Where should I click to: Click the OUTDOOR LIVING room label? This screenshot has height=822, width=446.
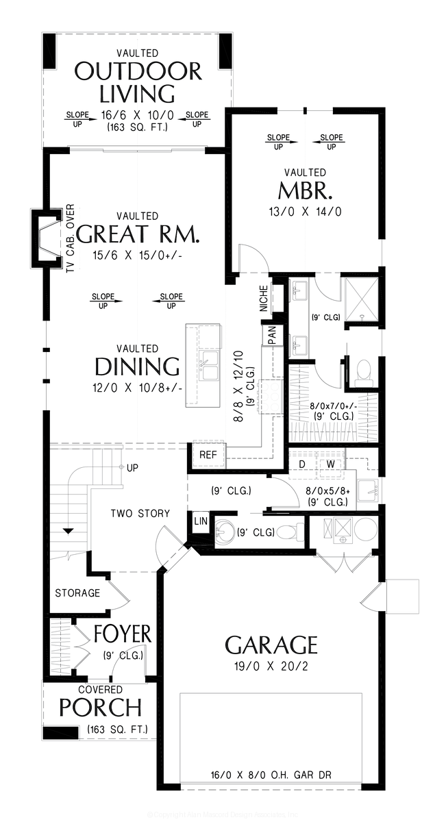point(138,82)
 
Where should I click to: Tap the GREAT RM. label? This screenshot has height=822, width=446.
point(138,234)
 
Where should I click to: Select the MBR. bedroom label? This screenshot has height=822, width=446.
point(306,190)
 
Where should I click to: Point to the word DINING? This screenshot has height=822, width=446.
point(137,366)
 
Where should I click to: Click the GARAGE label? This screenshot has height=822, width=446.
point(271,645)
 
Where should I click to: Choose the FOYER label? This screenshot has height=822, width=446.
point(123,634)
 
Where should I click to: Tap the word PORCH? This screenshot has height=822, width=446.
point(101,707)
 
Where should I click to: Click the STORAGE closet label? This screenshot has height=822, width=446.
point(77,593)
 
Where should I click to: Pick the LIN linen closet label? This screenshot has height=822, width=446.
point(200,521)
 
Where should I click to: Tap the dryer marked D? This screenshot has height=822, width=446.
point(301,464)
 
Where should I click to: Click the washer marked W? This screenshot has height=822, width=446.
point(329,464)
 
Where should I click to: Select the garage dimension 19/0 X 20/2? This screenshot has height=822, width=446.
point(271,665)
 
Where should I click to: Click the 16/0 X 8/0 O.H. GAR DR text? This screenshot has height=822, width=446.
point(271,776)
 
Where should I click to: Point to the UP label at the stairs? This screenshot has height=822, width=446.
point(133,467)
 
